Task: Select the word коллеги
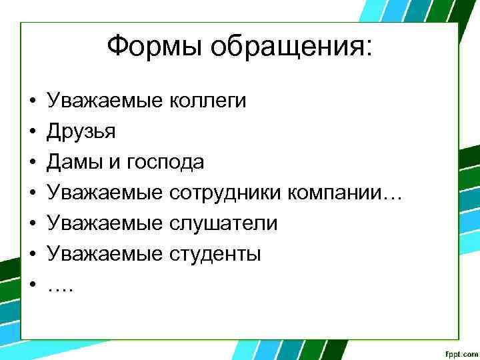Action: coord(208,101)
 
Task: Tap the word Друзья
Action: coord(81,132)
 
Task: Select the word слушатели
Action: coord(223,223)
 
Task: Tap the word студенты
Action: coord(215,254)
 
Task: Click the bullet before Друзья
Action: coord(32,132)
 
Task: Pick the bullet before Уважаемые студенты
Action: coord(32,254)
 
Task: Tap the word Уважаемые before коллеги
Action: coord(105,101)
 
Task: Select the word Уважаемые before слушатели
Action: coord(105,223)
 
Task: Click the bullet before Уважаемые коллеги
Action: coord(32,101)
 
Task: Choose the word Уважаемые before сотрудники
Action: coord(105,193)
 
